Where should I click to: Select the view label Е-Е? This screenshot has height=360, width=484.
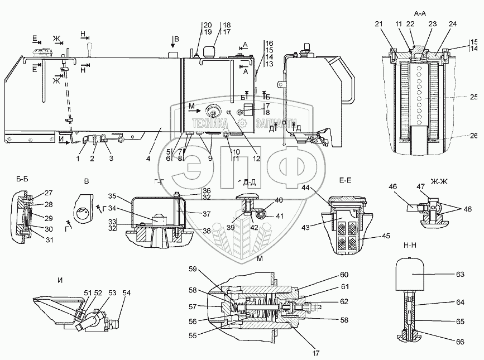(344, 180)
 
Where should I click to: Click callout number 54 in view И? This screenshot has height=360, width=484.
(126, 292)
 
